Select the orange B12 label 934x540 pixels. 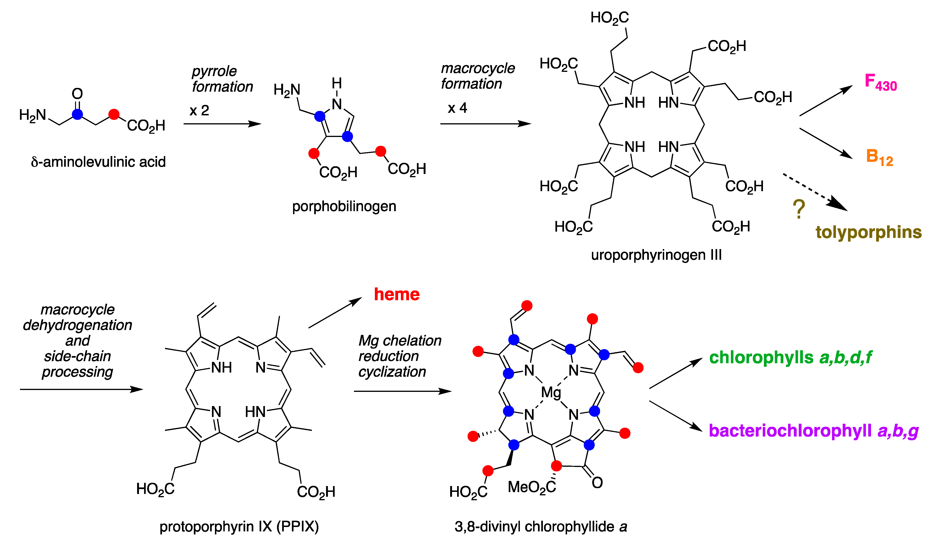pos(879,158)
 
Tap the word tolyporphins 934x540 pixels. pos(868,232)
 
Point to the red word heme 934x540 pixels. pos(396,294)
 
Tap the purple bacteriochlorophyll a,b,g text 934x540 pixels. pos(814,431)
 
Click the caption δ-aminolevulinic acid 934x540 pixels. pos(98,162)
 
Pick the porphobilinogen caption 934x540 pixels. pos(344,206)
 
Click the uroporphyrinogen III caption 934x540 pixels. pos(656,255)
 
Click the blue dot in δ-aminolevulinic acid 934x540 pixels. pos(77,114)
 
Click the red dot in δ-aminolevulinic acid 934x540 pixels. pos(114,114)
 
